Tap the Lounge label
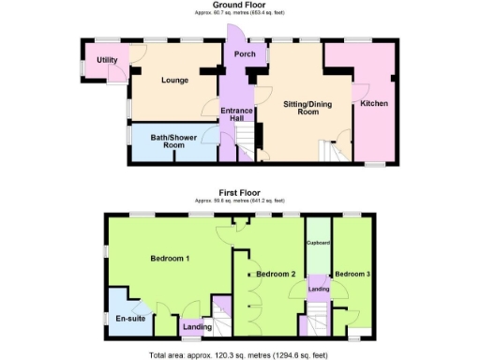click(175, 81)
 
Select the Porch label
click(245, 54)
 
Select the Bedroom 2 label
click(277, 273)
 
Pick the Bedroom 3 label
click(353, 273)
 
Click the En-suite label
click(128, 319)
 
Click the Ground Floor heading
click(239, 5)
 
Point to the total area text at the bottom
click(239, 354)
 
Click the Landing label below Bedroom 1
click(197, 326)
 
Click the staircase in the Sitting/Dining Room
click(331, 150)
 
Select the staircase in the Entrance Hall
click(245, 142)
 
